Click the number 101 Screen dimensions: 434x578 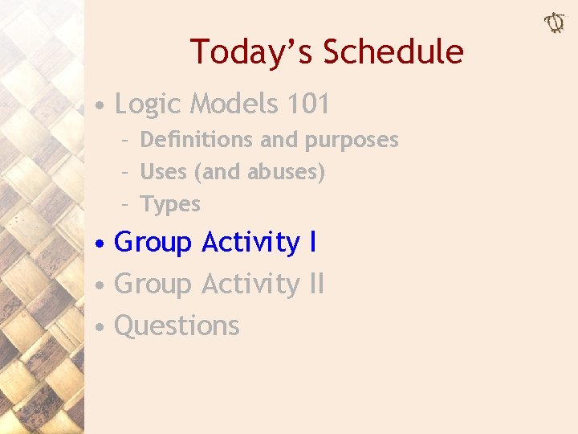[x=307, y=104]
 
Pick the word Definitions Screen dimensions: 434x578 [x=197, y=140]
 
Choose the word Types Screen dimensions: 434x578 [x=170, y=204]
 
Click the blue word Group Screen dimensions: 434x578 [x=153, y=242]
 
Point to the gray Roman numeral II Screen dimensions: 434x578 [x=316, y=284]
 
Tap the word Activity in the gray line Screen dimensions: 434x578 [x=250, y=284]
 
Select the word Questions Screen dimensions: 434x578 [x=177, y=325]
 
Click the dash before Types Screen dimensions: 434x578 [x=126, y=204]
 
